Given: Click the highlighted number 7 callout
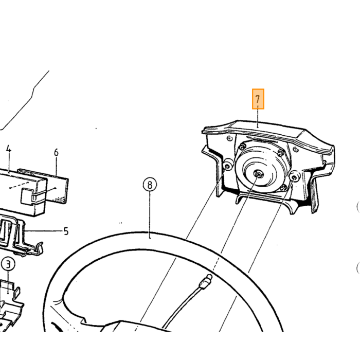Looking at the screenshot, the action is click(258, 99).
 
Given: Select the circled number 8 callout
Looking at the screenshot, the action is click(150, 185).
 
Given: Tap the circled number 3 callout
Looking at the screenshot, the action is click(8, 264).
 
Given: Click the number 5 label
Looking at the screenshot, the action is click(66, 231).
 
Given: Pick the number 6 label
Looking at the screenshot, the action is click(56, 152).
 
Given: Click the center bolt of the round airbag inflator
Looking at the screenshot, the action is click(258, 175).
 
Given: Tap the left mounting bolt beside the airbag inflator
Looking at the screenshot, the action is click(227, 166).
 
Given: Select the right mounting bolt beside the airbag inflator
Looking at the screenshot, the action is click(294, 177).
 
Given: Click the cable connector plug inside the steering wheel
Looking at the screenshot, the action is click(206, 281).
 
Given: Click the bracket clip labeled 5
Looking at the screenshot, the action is click(22, 236).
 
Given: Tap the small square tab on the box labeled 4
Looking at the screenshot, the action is click(27, 196).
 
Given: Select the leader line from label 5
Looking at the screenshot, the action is click(44, 231).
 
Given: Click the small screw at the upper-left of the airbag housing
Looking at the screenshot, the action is click(229, 138).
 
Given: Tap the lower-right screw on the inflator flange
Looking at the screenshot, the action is click(284, 188).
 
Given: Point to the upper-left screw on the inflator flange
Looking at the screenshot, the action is click(242, 147).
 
